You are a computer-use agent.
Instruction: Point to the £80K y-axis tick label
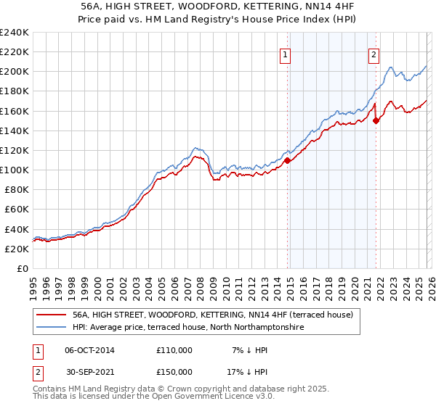pos(16,189)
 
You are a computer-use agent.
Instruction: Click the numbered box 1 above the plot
pos(286,53)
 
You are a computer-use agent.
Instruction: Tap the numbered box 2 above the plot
pos(374,53)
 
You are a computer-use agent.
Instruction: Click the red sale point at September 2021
pos(376,121)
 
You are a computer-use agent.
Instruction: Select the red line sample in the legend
pos(51,315)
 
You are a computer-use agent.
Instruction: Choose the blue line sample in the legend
pos(51,328)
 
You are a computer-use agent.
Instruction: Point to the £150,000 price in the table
pos(174,372)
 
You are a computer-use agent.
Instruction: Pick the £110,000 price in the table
pos(174,350)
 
